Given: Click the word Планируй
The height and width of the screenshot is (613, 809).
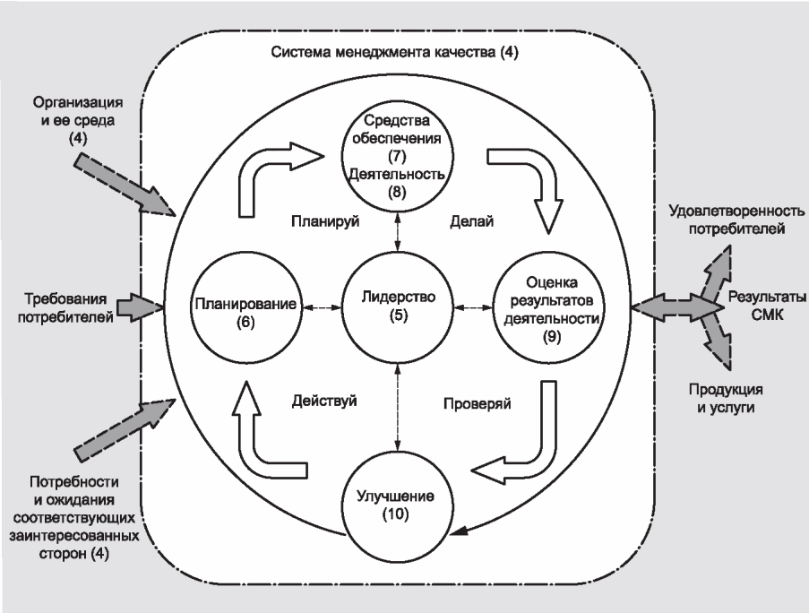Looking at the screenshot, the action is [325, 221].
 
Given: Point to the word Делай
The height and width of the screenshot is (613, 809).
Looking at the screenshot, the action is [471, 220].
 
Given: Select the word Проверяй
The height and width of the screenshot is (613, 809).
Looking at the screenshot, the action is [478, 403].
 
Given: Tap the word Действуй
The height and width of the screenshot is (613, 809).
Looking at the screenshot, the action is [324, 401].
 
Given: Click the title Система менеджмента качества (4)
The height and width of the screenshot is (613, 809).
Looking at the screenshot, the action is [395, 52].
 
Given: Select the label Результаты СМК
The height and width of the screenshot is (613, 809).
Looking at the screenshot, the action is [767, 305].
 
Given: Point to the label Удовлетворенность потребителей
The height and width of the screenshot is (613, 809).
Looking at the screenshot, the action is [736, 220].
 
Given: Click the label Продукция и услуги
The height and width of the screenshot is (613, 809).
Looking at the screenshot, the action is [726, 398].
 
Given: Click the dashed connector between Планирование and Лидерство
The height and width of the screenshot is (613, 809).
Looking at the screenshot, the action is [322, 308].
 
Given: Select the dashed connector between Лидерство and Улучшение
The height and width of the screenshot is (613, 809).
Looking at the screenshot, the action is [397, 407].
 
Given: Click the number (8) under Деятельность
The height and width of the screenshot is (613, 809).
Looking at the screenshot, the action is [397, 192].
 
